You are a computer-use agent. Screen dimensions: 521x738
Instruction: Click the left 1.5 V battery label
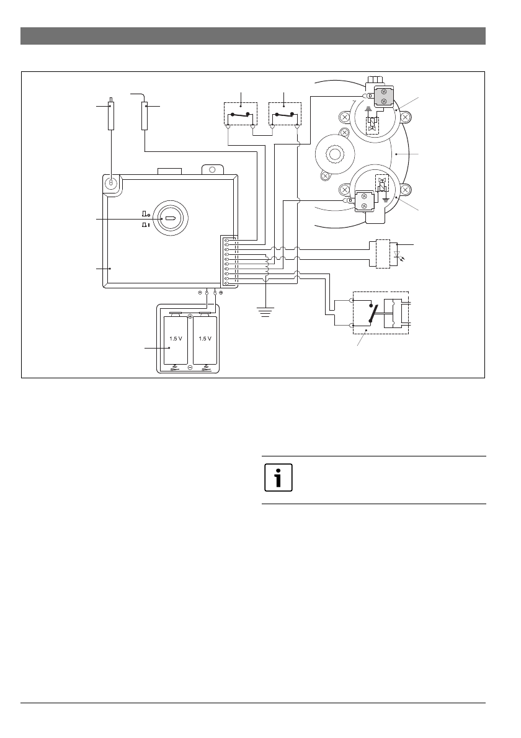[x=174, y=339]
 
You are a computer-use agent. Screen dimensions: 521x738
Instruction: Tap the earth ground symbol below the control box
[x=266, y=311]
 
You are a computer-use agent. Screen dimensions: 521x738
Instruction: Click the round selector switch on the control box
[x=169, y=220]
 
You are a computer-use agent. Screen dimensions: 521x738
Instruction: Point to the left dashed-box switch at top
[x=240, y=115]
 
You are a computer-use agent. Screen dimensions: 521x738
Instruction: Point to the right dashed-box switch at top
[x=285, y=115]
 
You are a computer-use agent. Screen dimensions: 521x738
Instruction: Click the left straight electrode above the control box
[x=111, y=115]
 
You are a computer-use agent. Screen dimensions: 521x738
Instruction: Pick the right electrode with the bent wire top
[x=145, y=114]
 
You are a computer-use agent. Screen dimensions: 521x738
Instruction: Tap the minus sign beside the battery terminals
[x=200, y=292]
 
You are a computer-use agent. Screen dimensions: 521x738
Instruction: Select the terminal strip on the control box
[x=228, y=261]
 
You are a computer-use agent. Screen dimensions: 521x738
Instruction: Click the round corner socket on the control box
[x=111, y=184]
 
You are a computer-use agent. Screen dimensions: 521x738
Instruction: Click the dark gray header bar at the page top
[x=253, y=36]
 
